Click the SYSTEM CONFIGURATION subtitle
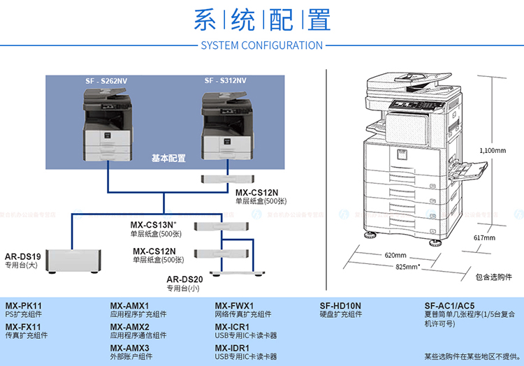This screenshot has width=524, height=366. tap(261, 45)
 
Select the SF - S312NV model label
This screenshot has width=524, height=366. tap(225, 81)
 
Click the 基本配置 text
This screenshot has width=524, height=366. tap(168, 159)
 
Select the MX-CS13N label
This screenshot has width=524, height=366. tap(154, 225)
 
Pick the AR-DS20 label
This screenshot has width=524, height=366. tap(184, 279)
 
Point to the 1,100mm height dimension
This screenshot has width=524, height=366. tap(493, 150)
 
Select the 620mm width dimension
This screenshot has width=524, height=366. tap(395, 255)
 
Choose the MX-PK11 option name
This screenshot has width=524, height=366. tap(24, 306)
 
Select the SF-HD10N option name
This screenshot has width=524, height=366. tap(340, 306)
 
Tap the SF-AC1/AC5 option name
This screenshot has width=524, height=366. tap(449, 306)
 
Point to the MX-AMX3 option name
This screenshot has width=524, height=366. tap(130, 348)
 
